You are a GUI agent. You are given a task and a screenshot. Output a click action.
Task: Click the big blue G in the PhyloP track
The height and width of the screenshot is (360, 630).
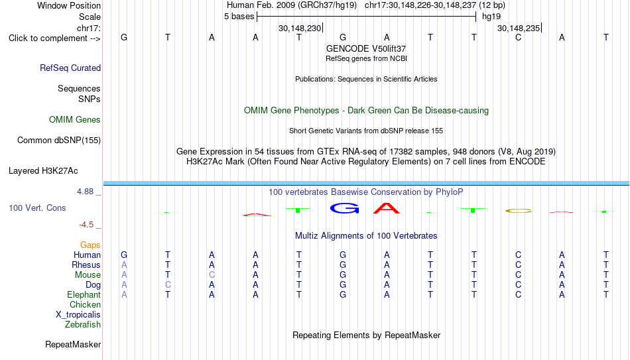[344, 208]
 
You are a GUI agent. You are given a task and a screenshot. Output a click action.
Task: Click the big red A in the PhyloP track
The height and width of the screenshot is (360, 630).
[387, 208]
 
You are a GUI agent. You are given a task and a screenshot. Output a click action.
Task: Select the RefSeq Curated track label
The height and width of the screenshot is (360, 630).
[70, 68]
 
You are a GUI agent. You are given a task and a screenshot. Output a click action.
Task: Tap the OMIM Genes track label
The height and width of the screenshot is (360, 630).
[75, 120]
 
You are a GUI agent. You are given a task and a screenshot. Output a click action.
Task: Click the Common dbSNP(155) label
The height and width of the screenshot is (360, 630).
[59, 141]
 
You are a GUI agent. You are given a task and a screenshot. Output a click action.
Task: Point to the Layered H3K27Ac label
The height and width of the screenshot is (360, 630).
[43, 171]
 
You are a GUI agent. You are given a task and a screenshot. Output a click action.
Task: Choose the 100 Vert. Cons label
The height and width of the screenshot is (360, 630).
[37, 208]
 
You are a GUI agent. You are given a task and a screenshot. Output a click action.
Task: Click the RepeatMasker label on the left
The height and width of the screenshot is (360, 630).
[73, 344]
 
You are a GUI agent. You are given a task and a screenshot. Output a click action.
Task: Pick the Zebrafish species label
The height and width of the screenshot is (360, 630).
[83, 324]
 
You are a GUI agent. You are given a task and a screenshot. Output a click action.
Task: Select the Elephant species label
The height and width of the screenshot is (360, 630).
[84, 294]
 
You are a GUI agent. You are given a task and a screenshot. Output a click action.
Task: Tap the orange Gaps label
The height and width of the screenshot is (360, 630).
[90, 245]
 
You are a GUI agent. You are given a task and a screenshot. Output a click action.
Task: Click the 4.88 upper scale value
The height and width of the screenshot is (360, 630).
[85, 192]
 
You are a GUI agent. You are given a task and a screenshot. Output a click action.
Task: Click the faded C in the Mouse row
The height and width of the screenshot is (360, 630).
[212, 275]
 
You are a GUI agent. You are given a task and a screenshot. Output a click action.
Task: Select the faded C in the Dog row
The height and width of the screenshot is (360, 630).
[168, 285]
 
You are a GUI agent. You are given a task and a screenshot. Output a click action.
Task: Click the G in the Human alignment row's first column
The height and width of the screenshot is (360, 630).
[124, 255]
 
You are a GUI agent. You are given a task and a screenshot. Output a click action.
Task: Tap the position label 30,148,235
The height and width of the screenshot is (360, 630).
[519, 28]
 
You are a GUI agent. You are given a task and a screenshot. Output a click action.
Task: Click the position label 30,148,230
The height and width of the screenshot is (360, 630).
[300, 28]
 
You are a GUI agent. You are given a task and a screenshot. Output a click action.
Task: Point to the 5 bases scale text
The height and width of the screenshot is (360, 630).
[239, 17]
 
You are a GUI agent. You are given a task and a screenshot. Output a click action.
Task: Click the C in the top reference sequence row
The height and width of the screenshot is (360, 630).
[519, 37]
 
